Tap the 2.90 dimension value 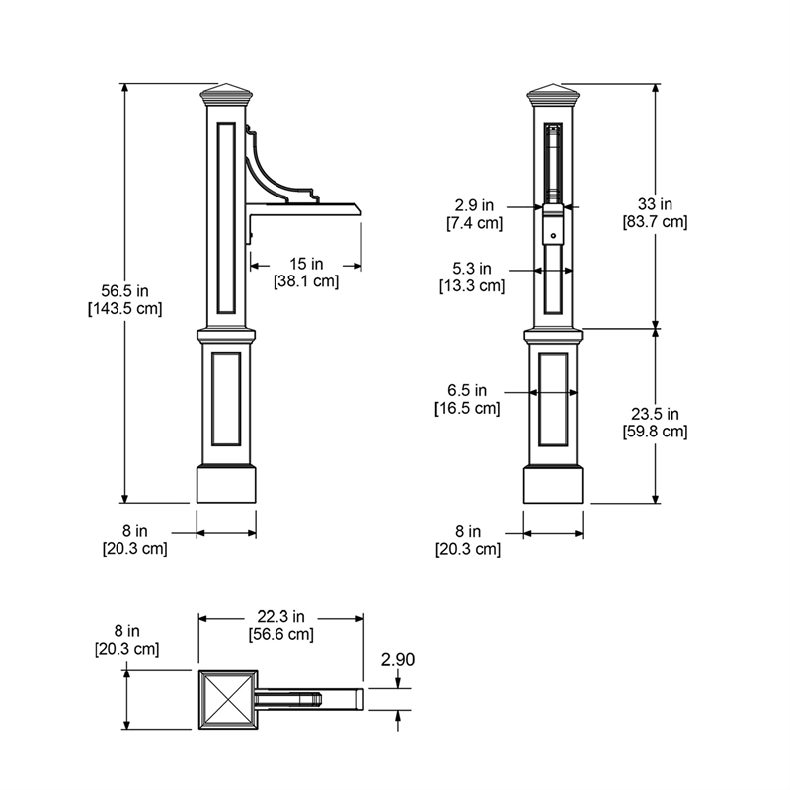click(x=398, y=659)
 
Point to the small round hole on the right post click(x=553, y=236)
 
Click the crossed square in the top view click(x=228, y=699)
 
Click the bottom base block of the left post click(x=226, y=484)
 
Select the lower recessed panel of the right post click(x=553, y=399)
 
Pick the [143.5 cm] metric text click(x=125, y=308)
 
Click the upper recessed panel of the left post click(x=226, y=217)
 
